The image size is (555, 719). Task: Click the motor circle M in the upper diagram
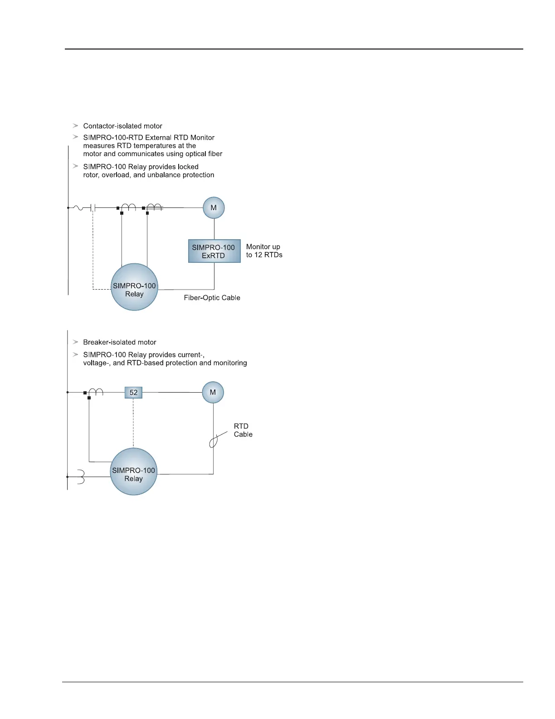(x=214, y=208)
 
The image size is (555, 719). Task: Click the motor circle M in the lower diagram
(x=213, y=392)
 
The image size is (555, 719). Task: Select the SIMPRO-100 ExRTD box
(x=214, y=251)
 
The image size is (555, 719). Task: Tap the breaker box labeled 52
(x=133, y=393)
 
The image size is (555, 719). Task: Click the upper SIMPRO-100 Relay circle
(x=134, y=287)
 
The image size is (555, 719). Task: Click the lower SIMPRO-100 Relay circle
(x=133, y=472)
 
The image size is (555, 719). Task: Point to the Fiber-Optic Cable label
(x=212, y=298)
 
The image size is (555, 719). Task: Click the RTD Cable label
(x=243, y=430)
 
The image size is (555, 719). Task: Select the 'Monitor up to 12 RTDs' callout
(x=264, y=251)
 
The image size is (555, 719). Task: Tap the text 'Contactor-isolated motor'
(x=122, y=126)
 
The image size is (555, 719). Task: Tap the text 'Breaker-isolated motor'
(x=120, y=342)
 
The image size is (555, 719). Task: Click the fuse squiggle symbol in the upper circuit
(x=78, y=208)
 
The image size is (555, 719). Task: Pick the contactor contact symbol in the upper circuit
(x=93, y=208)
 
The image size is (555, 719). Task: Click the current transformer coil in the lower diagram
(x=96, y=392)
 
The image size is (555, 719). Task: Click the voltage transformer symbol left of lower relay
(x=80, y=477)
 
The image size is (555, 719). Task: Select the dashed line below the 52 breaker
(x=133, y=422)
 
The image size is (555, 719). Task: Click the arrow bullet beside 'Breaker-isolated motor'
(x=75, y=342)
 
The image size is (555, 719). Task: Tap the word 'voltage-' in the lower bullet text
(x=96, y=363)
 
